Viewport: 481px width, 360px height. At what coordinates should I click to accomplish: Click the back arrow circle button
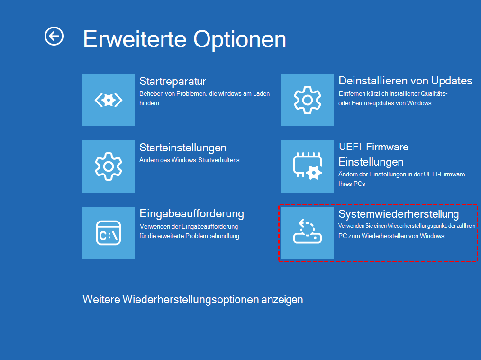(x=54, y=36)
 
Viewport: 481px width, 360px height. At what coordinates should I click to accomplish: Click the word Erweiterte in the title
(x=135, y=39)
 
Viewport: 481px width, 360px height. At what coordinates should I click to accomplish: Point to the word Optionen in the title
(x=240, y=40)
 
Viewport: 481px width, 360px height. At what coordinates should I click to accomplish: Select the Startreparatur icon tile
(x=109, y=100)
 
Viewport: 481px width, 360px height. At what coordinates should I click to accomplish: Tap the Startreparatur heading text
(x=172, y=81)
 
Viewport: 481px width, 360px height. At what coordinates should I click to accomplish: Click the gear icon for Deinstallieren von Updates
(x=308, y=100)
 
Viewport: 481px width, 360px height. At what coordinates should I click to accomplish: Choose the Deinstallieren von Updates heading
(x=405, y=81)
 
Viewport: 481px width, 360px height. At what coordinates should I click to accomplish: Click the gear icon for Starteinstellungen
(x=109, y=166)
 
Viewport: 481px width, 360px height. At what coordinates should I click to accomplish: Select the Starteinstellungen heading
(x=183, y=148)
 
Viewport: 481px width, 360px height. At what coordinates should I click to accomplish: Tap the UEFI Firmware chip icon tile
(x=308, y=166)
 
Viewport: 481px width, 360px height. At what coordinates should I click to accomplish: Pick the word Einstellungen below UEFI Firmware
(x=371, y=162)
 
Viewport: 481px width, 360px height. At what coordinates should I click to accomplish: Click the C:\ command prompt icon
(x=109, y=233)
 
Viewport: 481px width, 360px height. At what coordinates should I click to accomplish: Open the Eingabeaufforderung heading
(x=192, y=213)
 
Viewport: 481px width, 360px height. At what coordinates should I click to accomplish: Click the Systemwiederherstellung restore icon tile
(x=308, y=233)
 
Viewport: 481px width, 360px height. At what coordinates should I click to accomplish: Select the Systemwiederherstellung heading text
(x=399, y=214)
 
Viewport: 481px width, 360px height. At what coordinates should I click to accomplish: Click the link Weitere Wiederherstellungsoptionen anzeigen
(x=193, y=300)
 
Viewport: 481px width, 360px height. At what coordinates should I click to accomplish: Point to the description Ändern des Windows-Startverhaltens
(x=190, y=160)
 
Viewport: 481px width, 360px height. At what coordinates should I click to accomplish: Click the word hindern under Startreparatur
(x=149, y=103)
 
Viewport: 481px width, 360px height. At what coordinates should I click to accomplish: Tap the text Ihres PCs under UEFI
(x=352, y=184)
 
